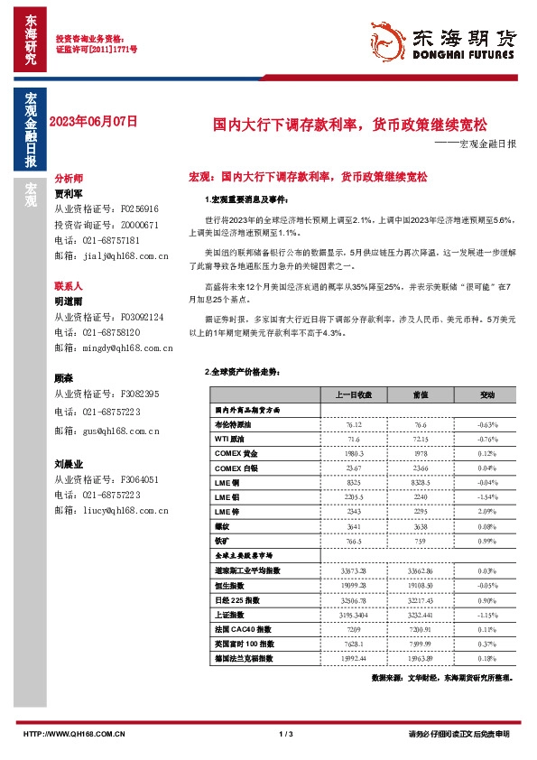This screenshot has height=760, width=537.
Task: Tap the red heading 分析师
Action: click(69, 179)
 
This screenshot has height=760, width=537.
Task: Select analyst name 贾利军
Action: click(69, 193)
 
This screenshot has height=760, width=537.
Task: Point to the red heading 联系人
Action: click(69, 284)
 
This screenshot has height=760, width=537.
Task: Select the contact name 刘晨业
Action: click(69, 464)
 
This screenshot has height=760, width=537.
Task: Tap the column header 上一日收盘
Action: click(348, 394)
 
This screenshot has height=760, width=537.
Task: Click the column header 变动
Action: click(487, 394)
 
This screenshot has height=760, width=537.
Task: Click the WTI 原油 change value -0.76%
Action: click(487, 439)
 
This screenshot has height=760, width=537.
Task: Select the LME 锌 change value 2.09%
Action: click(487, 511)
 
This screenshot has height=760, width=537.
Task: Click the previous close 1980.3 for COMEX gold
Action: click(348, 453)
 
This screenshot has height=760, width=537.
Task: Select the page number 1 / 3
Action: click(287, 735)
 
